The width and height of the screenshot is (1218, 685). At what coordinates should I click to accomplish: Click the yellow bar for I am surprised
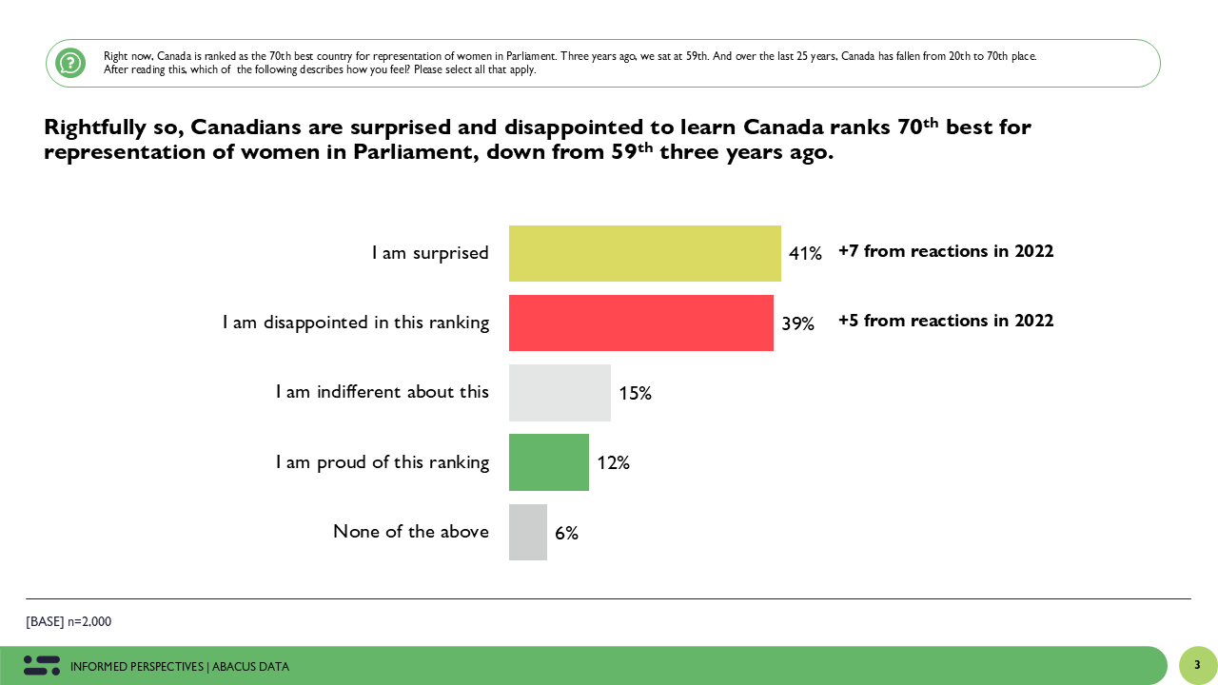tap(644, 253)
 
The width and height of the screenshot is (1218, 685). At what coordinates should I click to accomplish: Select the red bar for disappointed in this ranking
tap(640, 323)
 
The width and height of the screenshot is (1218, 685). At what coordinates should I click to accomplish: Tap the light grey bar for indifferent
tap(560, 392)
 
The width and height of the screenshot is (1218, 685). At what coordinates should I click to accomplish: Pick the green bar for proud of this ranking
tap(549, 462)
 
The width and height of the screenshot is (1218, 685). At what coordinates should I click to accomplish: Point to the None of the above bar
tap(528, 532)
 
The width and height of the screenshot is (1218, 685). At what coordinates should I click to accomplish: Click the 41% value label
tap(805, 254)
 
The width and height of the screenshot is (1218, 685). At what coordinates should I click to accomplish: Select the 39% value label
tap(797, 323)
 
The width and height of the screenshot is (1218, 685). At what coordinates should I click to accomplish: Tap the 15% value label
tap(635, 393)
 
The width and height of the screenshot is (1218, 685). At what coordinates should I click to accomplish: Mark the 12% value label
tap(614, 463)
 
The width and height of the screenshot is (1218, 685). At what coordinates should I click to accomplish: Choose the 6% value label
tap(566, 534)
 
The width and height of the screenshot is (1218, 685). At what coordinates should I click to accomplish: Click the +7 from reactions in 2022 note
tap(946, 251)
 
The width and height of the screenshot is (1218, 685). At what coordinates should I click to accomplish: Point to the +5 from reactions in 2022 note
tap(946, 321)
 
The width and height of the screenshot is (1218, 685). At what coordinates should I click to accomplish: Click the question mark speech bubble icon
tap(70, 63)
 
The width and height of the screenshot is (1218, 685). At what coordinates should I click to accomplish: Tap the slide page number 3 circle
tap(1197, 665)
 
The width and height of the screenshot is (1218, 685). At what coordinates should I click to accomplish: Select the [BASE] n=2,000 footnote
tap(69, 622)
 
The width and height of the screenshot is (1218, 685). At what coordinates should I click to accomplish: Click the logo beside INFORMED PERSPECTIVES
tap(42, 666)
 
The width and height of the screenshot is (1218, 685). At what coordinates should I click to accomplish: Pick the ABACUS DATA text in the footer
tap(250, 667)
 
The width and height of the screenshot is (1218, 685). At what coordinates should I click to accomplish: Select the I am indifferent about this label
tap(383, 392)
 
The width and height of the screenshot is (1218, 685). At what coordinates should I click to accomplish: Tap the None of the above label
tap(411, 532)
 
